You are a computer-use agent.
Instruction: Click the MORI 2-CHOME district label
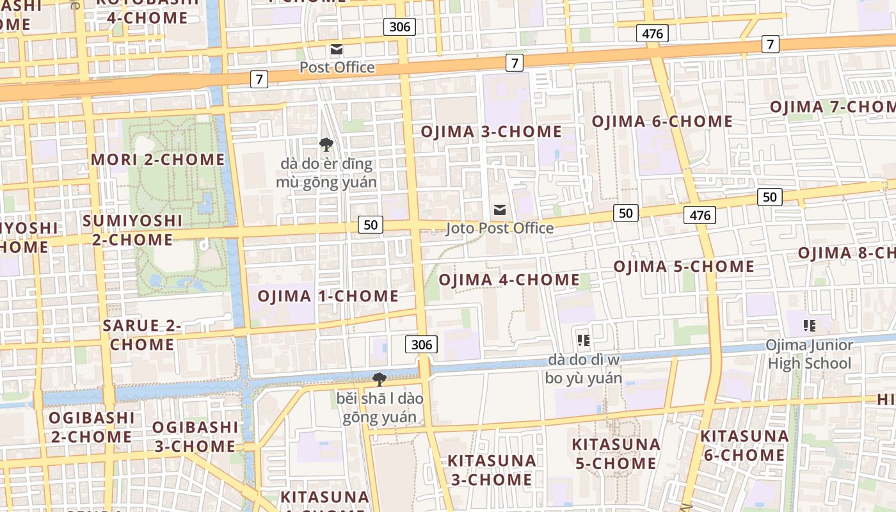tap(158, 159)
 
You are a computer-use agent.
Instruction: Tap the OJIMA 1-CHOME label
tap(328, 296)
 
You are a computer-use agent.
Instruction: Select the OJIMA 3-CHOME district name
tap(491, 132)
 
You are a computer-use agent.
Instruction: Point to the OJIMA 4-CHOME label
tap(509, 280)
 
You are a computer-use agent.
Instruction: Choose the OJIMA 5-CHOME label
tap(684, 266)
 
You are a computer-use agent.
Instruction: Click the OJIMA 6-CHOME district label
tap(662, 121)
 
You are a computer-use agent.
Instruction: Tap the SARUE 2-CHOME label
tap(142, 335)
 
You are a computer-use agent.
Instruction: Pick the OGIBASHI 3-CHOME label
tap(195, 436)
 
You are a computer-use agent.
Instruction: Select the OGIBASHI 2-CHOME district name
tap(92, 427)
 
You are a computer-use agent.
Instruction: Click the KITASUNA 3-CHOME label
tap(492, 470)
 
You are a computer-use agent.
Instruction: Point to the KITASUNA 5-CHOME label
tap(616, 453)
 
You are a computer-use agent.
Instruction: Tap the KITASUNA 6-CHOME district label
tap(744, 445)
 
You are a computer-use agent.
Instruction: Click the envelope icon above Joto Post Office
tap(500, 210)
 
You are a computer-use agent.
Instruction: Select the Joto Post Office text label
tap(500, 228)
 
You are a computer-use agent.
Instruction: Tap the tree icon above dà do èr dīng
tap(326, 145)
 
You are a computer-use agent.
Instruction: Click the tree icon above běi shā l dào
tap(380, 380)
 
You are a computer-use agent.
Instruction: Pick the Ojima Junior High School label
tap(810, 355)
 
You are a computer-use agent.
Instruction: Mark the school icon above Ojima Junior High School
tap(810, 326)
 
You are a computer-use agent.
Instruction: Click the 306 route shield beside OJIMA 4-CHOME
tap(421, 344)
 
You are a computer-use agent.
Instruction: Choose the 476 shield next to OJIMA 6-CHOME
tap(652, 33)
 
